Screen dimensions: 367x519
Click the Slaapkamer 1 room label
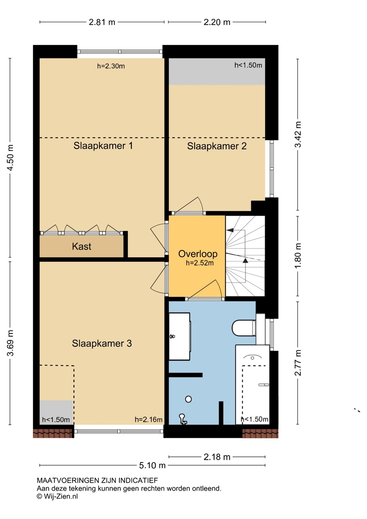103,146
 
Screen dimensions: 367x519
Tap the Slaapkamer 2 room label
217,146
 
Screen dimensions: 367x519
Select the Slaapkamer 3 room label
102,343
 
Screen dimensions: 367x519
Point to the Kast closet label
81,246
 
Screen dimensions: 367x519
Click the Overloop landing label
198,254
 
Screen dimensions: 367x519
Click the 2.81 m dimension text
102,22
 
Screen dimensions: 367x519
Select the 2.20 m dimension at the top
217,22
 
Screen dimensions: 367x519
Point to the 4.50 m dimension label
10,158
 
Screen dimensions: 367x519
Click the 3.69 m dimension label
10,343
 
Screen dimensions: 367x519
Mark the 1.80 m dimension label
298,256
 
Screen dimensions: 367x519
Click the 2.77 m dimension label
298,363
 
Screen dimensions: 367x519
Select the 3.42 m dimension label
298,134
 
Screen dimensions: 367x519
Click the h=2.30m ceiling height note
111,66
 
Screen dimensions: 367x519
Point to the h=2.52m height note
200,263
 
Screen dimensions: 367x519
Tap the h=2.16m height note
149,420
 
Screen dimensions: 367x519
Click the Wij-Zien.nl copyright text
57,496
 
